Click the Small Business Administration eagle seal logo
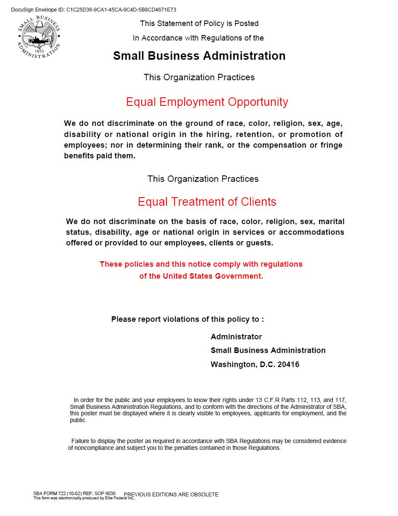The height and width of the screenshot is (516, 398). pos(39,37)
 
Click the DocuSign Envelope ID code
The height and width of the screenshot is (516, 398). pos(121,9)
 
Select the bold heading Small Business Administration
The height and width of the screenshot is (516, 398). pos(199,56)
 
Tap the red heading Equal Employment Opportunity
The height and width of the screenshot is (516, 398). pos(207,102)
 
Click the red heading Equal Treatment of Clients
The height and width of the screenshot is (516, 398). pos(207,202)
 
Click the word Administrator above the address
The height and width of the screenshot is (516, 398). pos(236,337)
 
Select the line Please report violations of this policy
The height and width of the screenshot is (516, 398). pos(187,319)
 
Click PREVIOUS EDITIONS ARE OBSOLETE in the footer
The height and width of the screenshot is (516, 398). pos(171,495)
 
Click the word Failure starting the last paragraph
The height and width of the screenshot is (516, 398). pos(81,441)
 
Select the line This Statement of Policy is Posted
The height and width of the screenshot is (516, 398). pos(199,23)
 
